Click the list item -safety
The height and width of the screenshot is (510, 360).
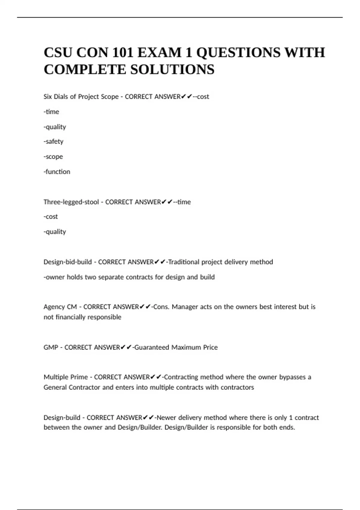point(53,141)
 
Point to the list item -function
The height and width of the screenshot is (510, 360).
point(57,172)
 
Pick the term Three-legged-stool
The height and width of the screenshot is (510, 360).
point(71,202)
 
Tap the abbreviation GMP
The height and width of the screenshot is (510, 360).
point(51,347)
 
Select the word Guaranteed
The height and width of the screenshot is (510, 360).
point(152,347)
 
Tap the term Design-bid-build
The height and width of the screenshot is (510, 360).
point(67,262)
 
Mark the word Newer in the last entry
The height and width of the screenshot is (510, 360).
point(166,418)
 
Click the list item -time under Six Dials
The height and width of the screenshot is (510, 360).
point(51,112)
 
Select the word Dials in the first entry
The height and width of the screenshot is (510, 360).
point(61,97)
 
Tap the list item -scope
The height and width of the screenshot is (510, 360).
point(53,157)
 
